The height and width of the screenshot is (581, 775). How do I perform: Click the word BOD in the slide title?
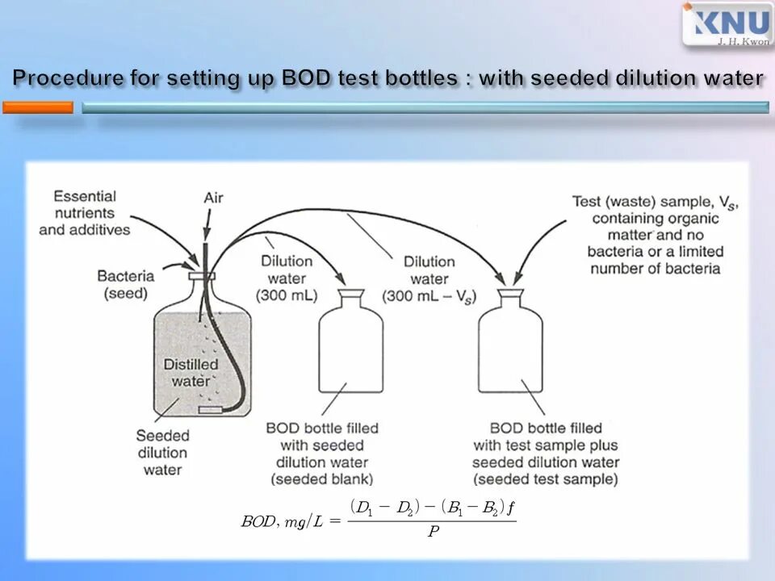pyautogui.click(x=303, y=78)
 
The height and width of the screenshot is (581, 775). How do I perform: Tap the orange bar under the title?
pyautogui.click(x=37, y=107)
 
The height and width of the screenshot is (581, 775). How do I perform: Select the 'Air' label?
pyautogui.click(x=213, y=198)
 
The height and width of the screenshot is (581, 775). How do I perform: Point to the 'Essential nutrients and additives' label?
pyautogui.click(x=85, y=212)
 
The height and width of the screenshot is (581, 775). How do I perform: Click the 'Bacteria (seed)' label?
pyautogui.click(x=125, y=285)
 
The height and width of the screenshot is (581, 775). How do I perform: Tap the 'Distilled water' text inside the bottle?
pyautogui.click(x=191, y=372)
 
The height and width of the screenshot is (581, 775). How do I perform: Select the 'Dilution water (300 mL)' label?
pyautogui.click(x=287, y=278)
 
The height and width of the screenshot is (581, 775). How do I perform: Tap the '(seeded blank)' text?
pyautogui.click(x=321, y=479)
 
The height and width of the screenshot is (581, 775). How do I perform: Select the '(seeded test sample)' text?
pyautogui.click(x=546, y=479)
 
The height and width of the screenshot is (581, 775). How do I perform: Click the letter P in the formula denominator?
pyautogui.click(x=433, y=533)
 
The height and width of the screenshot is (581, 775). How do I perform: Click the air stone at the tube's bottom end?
pyautogui.click(x=211, y=411)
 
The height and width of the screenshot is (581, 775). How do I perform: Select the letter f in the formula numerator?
pyautogui.click(x=511, y=508)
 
